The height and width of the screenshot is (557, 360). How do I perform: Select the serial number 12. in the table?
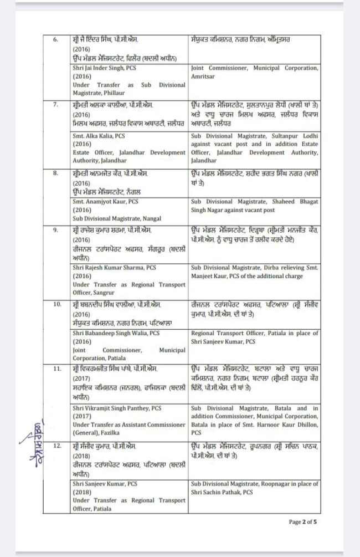(55, 446)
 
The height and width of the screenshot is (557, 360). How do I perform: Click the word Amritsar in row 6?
(203, 76)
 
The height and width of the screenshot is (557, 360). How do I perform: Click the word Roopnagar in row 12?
(276, 484)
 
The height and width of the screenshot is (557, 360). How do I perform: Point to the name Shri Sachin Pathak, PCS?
(222, 492)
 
